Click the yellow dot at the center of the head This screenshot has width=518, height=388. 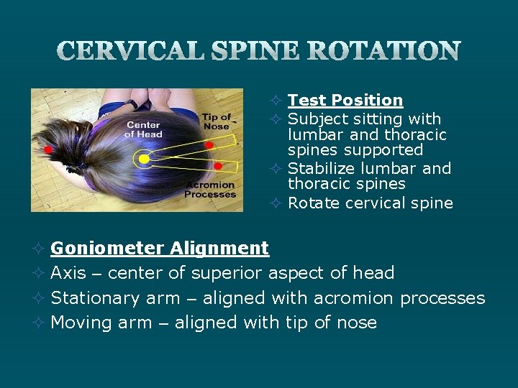144,157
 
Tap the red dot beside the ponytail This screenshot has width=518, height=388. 48,149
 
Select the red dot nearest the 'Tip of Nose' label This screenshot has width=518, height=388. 209,145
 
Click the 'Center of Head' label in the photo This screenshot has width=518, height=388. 143,130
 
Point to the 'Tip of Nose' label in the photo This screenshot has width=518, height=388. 217,121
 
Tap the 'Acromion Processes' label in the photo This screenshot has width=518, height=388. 210,190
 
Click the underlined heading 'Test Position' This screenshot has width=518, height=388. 345,101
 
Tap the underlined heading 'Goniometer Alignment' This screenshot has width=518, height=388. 160,249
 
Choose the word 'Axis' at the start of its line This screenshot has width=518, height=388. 68,273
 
